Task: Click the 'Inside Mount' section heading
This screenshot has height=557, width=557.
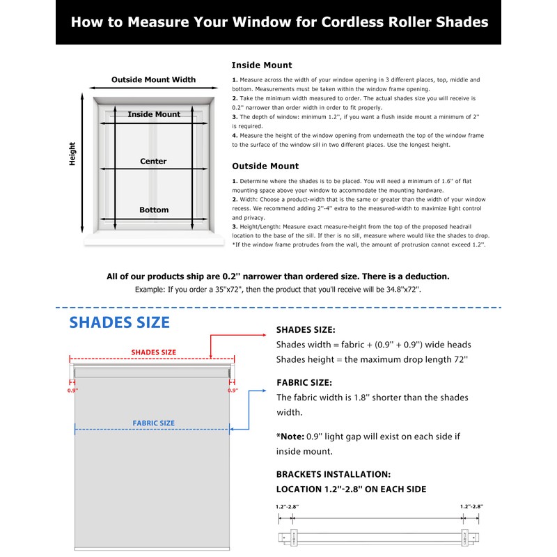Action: click(x=262, y=65)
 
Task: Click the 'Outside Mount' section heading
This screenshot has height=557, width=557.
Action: click(x=265, y=166)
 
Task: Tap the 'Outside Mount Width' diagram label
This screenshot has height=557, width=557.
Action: click(x=153, y=80)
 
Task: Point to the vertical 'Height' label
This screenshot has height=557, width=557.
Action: click(x=72, y=154)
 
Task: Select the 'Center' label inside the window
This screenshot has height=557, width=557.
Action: click(x=153, y=162)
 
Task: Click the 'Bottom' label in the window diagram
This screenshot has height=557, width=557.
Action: click(x=153, y=210)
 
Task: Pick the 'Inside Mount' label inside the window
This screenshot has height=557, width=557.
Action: click(x=153, y=114)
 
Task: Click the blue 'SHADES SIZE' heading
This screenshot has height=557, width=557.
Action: click(x=119, y=322)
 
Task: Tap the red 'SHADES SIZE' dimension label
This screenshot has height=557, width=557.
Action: click(x=153, y=352)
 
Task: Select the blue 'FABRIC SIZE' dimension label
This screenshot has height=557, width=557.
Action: click(x=153, y=423)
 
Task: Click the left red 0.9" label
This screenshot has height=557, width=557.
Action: click(x=73, y=391)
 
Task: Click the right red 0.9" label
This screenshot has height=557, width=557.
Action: click(x=233, y=391)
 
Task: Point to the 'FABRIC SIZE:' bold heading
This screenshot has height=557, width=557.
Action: click(x=304, y=383)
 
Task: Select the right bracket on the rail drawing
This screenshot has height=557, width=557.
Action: click(x=464, y=538)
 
